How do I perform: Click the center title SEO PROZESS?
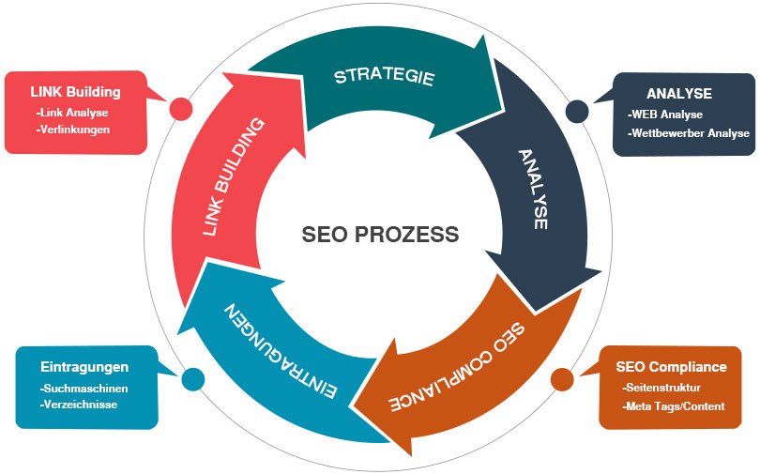380,234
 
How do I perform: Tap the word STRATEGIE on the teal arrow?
385,75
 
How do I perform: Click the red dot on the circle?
180,109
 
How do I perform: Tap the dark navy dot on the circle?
577,112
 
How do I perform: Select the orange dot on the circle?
562,379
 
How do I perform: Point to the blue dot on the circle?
193,379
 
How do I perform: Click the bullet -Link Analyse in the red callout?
72,113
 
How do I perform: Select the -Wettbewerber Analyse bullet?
689,133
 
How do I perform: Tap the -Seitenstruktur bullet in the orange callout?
662,387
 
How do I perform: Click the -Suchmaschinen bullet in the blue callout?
84,388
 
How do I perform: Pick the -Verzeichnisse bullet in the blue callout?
79,405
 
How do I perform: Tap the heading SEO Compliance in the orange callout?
671,366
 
